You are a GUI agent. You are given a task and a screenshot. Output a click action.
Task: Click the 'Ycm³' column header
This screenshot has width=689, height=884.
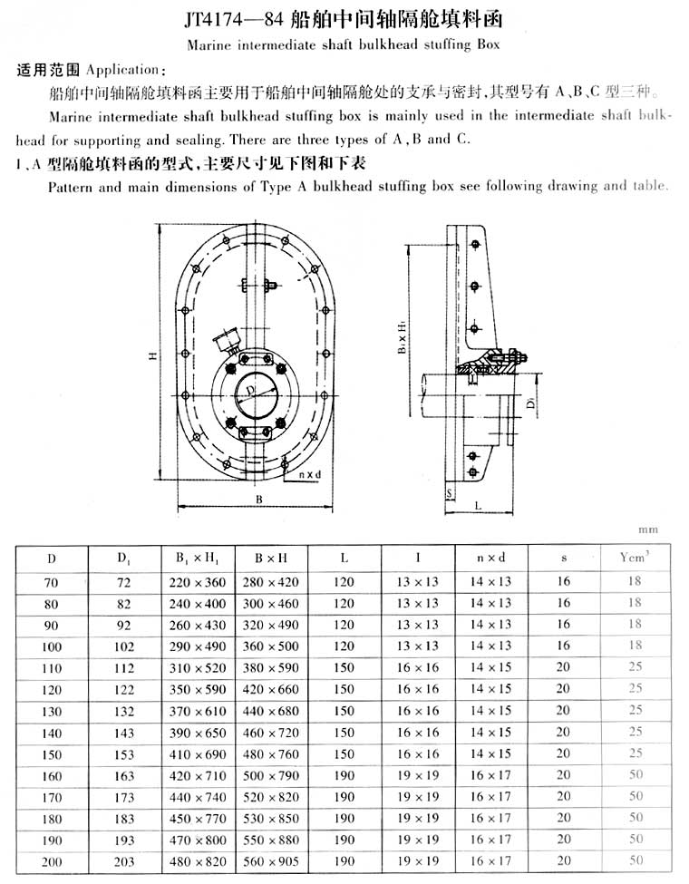634,558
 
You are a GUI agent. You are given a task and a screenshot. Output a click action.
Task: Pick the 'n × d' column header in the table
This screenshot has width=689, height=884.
490,559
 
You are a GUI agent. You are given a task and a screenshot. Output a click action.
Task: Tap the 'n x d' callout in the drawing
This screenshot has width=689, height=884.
309,473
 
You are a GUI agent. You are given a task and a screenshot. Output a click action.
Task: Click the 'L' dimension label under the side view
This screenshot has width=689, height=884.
477,506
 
